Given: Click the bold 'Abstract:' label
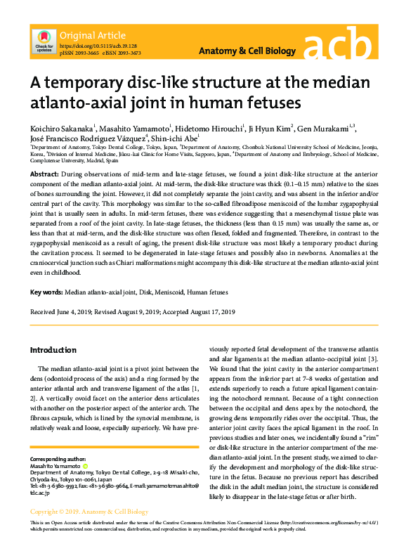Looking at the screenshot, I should [x=44, y=172].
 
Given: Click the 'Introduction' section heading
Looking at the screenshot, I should [x=53, y=349].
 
